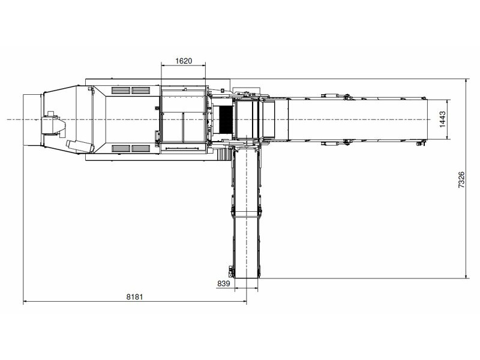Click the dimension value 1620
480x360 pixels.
(184, 61)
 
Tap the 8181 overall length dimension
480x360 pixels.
(135, 296)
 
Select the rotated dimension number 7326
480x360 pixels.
(461, 179)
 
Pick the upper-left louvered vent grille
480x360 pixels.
(121, 90)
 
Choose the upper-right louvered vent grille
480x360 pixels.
(141, 90)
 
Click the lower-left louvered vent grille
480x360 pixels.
(121, 148)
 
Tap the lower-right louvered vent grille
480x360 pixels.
(141, 148)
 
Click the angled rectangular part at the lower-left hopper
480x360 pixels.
(80, 146)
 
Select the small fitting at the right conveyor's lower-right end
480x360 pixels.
(422, 143)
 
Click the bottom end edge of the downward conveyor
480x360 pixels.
(246, 278)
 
